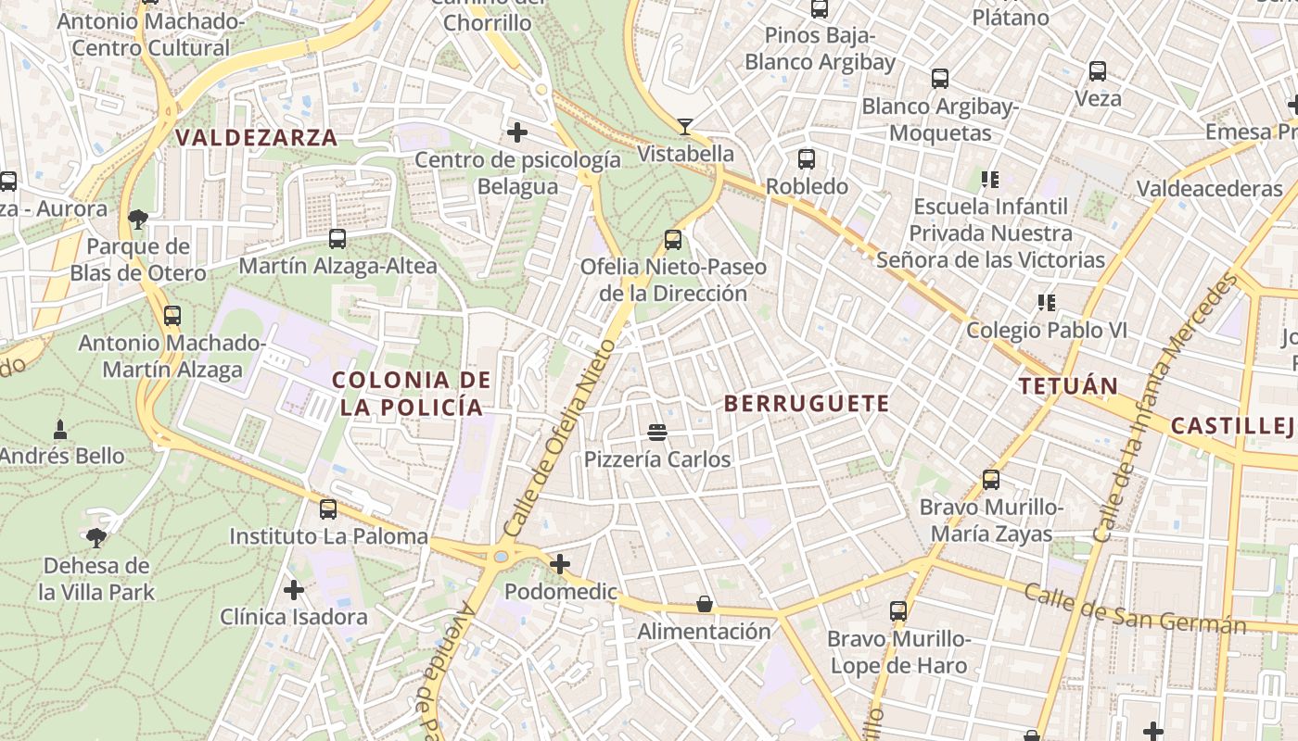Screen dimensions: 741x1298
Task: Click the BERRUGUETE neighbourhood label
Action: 806,403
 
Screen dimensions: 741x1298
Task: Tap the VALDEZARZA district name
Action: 257,138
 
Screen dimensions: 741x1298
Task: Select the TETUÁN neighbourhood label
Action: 1068,386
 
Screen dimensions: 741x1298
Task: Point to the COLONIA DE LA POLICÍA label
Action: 412,393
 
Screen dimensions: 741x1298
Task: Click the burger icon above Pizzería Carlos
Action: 657,432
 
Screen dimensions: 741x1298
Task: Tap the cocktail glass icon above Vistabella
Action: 685,126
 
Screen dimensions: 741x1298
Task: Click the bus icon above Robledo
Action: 807,159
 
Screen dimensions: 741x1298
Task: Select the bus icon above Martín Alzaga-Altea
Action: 337,239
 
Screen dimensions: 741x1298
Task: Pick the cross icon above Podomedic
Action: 560,564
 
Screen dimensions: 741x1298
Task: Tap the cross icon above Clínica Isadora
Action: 294,589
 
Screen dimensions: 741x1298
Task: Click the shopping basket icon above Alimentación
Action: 705,605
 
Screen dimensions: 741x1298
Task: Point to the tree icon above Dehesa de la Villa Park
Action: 96,537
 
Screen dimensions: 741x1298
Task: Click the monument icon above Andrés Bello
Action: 61,429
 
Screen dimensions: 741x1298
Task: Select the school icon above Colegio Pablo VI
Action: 1047,302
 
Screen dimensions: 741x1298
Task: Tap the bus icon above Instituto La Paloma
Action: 328,509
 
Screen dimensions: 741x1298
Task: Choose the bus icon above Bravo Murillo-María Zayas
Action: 991,480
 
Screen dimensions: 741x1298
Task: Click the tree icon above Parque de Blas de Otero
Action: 138,220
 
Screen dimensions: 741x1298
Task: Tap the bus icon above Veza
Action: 1098,71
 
